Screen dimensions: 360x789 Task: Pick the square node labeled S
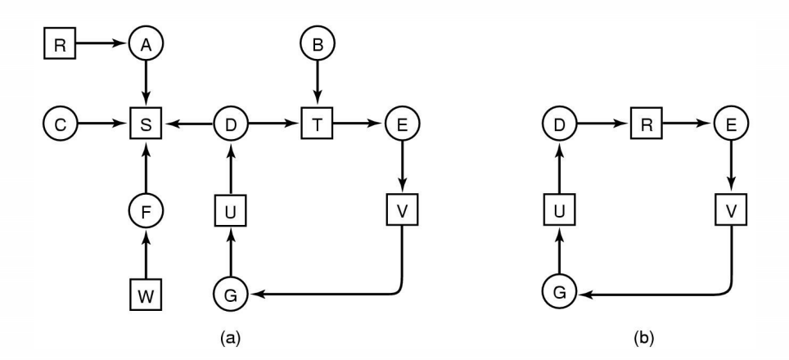(x=146, y=125)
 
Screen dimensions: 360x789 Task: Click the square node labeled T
(x=315, y=125)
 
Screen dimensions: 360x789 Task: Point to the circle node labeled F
(x=146, y=211)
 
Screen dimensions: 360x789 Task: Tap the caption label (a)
(x=231, y=336)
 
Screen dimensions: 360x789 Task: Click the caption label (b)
(x=644, y=336)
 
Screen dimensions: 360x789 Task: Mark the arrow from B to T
(x=315, y=84)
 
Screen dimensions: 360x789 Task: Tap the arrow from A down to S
(x=146, y=84)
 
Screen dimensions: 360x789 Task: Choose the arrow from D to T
(x=273, y=125)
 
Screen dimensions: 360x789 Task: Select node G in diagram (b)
(x=560, y=292)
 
